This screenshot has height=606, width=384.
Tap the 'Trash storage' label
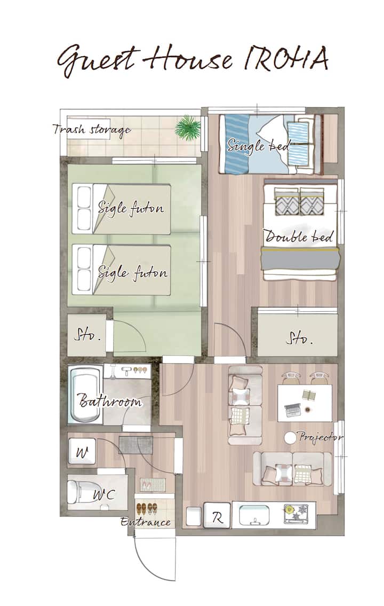pos(91,130)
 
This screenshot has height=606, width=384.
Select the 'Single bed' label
pos(259,146)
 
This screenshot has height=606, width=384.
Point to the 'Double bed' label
pos(299,236)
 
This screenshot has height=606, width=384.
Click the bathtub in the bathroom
pos(85,395)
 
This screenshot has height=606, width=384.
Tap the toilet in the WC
pos(82,492)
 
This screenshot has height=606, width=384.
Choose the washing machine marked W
pos(82,451)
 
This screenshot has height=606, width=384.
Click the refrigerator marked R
pos(217,515)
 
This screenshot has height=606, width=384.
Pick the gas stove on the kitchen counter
pos(297,514)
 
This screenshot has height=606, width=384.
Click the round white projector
pos(290,437)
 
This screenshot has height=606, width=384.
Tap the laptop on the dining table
pos(293,410)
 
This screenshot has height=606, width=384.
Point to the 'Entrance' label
pos(146,522)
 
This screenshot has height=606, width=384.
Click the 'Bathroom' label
pos(110,400)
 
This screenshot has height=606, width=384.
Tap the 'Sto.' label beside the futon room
pos(87,335)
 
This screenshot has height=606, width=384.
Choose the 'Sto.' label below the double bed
pos(299,339)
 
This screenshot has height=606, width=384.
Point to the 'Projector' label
pos(321,437)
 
